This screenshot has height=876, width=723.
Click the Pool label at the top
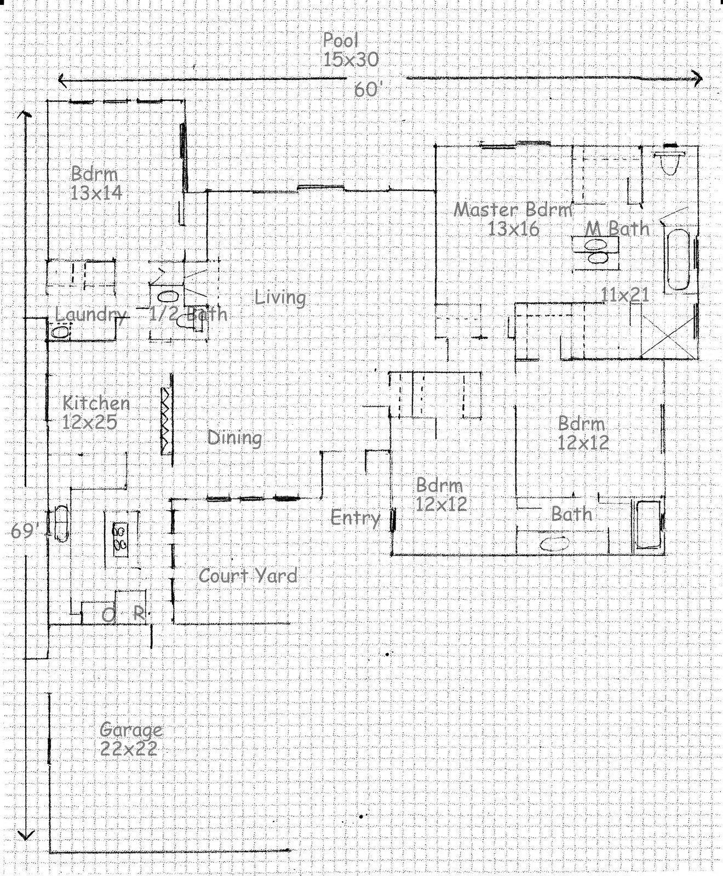point(340,41)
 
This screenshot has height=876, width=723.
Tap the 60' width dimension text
point(366,89)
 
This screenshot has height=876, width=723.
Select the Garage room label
point(131,730)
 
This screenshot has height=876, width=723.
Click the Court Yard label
point(248,575)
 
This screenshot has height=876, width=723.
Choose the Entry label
point(355,517)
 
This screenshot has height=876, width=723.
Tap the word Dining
point(234,437)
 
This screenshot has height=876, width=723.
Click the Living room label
point(280,298)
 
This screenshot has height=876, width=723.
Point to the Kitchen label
point(96,403)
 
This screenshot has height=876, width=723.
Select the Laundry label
point(91,315)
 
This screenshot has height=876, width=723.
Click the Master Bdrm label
point(513,210)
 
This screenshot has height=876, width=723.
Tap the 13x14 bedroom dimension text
point(96,193)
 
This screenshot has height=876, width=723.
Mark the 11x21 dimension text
point(625,295)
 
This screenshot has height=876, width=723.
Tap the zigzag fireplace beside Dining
point(165,420)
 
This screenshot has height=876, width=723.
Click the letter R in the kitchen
point(139,613)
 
